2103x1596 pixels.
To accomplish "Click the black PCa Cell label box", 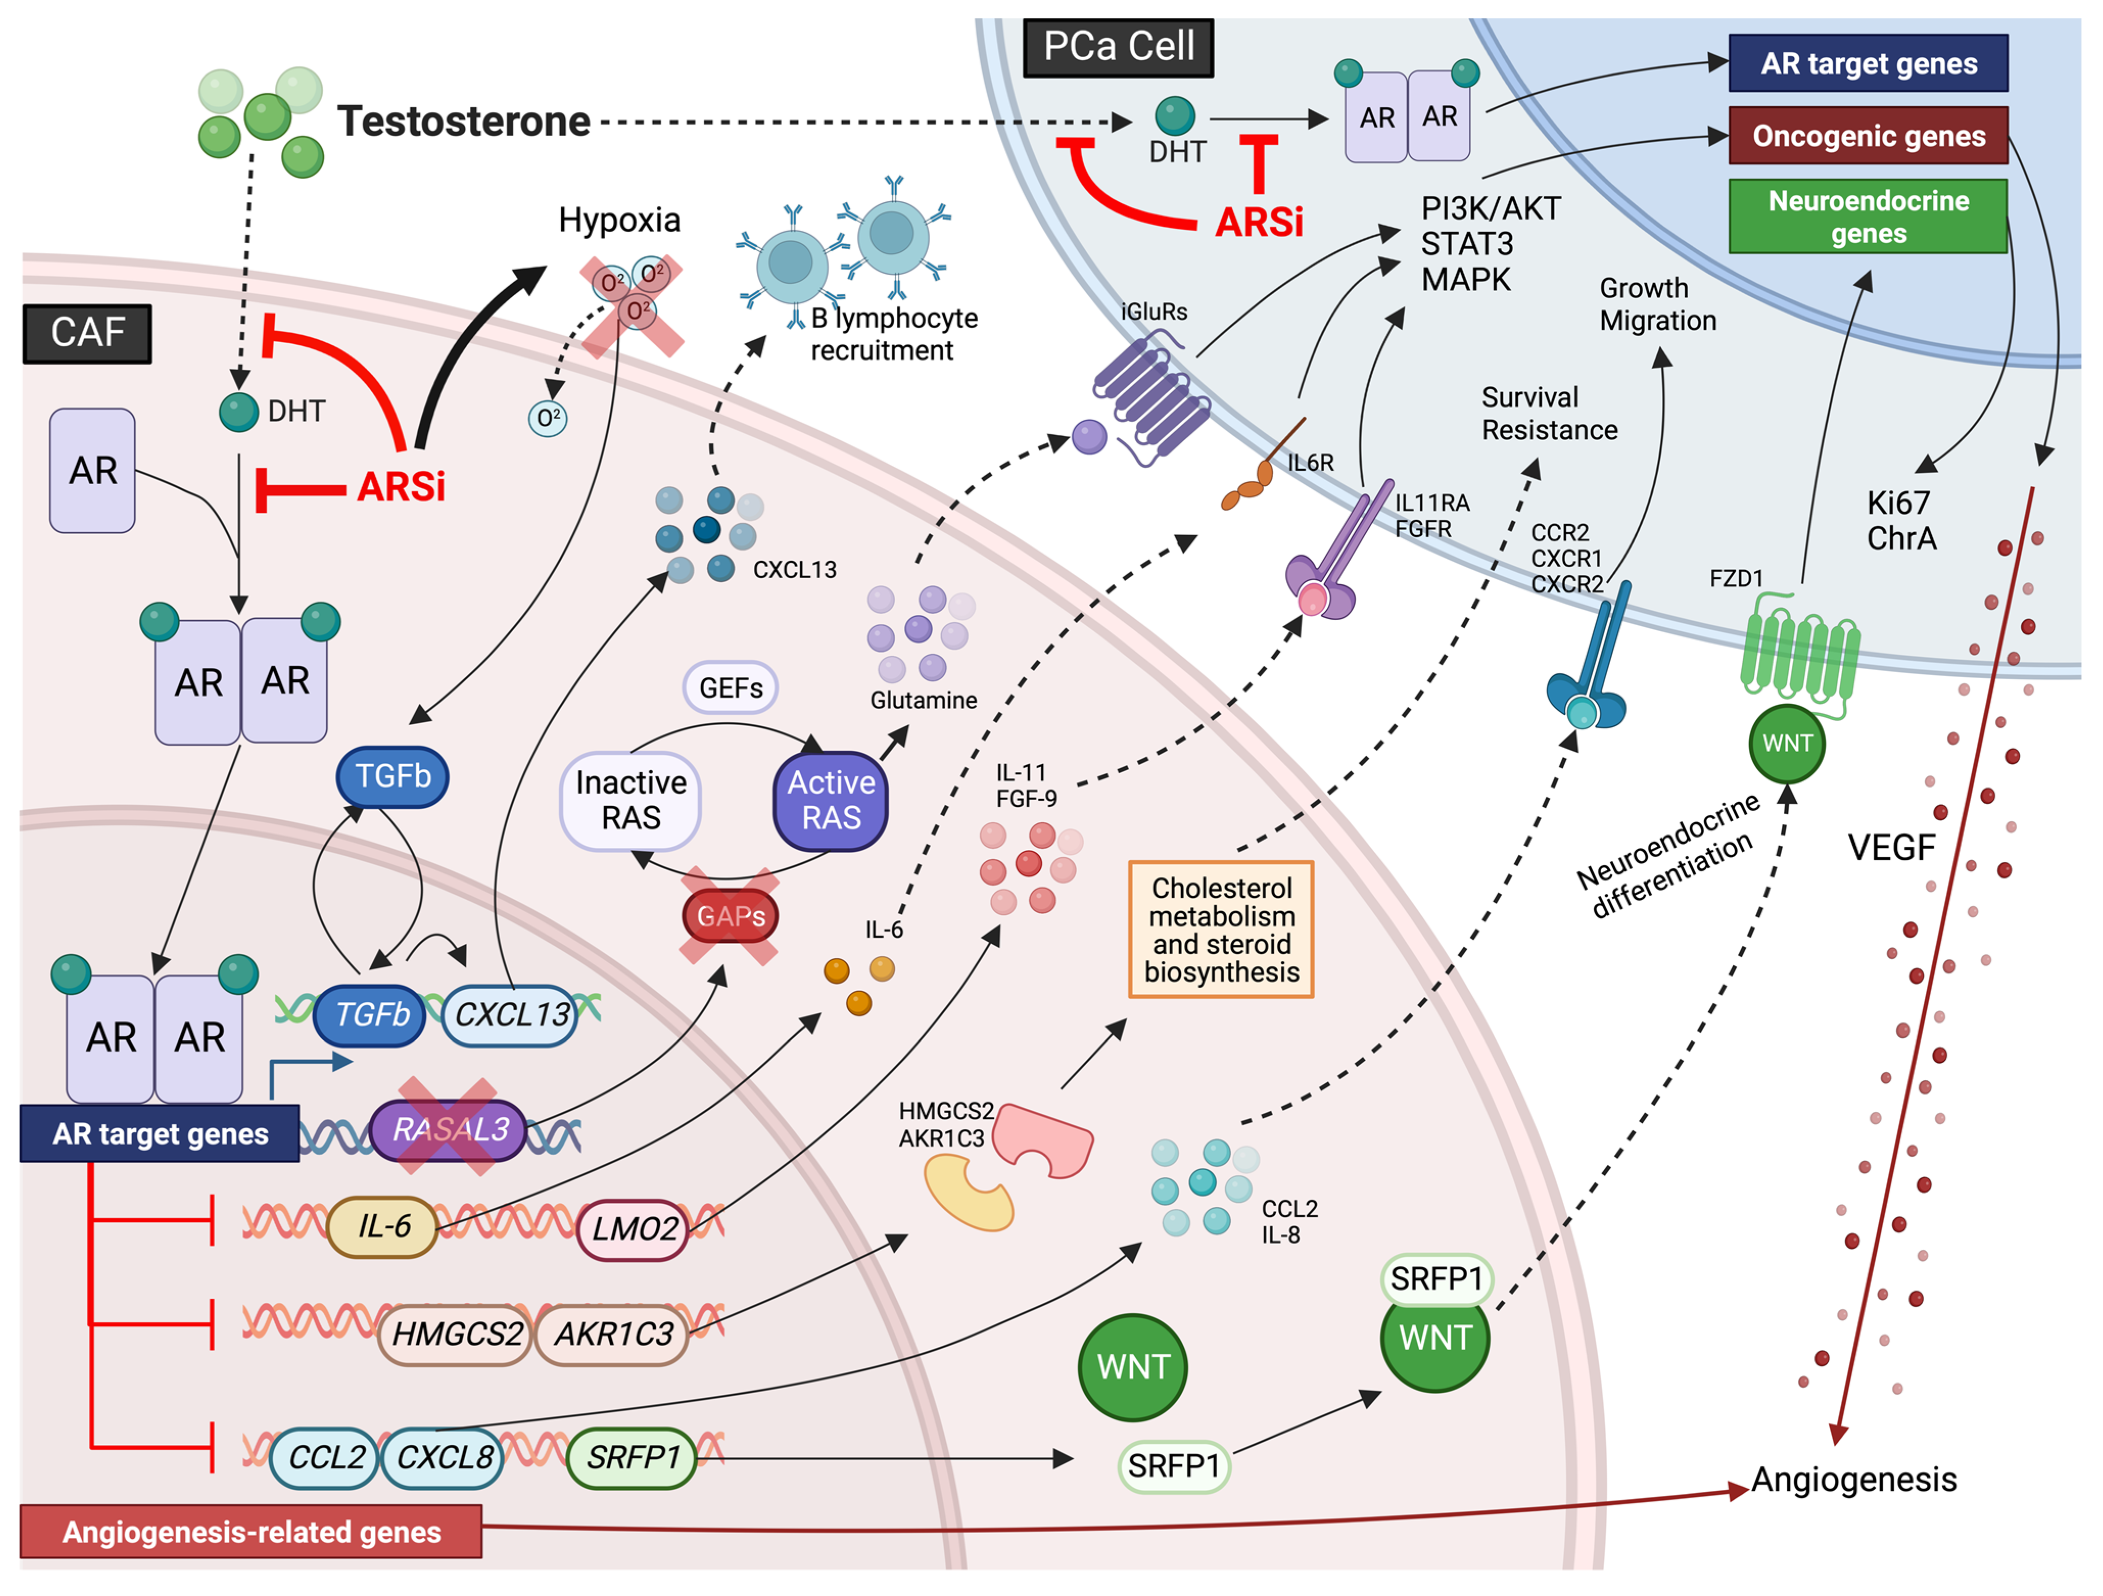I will (x=1118, y=46).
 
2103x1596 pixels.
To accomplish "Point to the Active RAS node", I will (x=831, y=800).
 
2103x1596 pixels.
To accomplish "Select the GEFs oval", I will (x=730, y=687).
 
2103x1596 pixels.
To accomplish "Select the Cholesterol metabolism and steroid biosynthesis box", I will (x=1221, y=930).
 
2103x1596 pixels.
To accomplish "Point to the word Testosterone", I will (x=464, y=122).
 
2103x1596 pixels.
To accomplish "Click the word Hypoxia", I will (x=619, y=221).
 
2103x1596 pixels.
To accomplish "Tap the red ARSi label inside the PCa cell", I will (x=1259, y=223).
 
